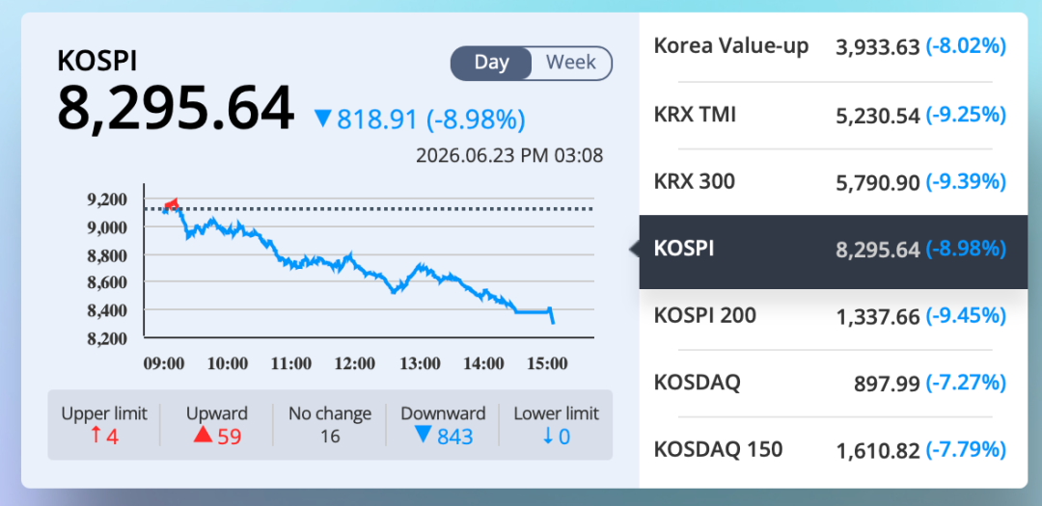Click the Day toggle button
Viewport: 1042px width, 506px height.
pyautogui.click(x=492, y=63)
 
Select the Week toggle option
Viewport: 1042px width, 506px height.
pyautogui.click(x=571, y=63)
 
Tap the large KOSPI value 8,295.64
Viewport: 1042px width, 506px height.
pyautogui.click(x=176, y=109)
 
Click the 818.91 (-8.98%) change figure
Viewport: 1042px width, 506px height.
pyautogui.click(x=431, y=120)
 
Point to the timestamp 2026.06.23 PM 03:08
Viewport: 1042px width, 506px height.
pyautogui.click(x=509, y=155)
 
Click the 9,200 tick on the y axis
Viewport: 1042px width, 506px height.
pyautogui.click(x=106, y=200)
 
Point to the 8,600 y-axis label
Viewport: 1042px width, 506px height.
pyautogui.click(x=106, y=282)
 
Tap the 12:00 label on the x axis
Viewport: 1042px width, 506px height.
pyautogui.click(x=355, y=364)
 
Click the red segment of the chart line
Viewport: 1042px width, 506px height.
pyautogui.click(x=172, y=204)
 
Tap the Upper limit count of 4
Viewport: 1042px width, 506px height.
pyautogui.click(x=112, y=437)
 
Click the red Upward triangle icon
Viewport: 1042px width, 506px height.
pyautogui.click(x=203, y=436)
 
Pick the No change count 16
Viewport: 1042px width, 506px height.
pyautogui.click(x=330, y=437)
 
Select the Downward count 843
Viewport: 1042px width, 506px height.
pyautogui.click(x=455, y=437)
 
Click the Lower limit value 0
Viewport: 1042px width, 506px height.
pyautogui.click(x=564, y=437)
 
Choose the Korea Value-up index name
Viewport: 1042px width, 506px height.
pyautogui.click(x=731, y=46)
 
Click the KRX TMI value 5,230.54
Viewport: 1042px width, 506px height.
pyautogui.click(x=877, y=116)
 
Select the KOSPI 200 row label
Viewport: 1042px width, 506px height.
pyautogui.click(x=705, y=315)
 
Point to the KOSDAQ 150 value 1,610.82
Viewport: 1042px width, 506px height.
pyautogui.click(x=877, y=449)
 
